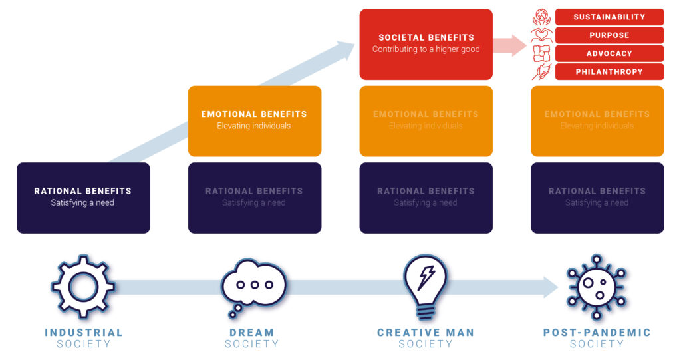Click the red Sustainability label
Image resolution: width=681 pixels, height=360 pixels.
[609, 17]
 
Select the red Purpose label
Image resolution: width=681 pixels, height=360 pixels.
[609, 35]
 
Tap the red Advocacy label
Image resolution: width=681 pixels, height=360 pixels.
[609, 53]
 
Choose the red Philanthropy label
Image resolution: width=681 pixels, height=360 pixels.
[609, 71]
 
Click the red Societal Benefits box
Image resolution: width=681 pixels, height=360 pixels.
[426, 44]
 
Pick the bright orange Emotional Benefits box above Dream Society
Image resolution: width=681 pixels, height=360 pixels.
[254, 120]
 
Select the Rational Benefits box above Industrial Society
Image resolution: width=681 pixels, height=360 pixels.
[83, 198]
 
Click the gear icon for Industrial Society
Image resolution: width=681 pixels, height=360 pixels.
[82, 286]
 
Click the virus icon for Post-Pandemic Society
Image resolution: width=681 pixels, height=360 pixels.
[596, 286]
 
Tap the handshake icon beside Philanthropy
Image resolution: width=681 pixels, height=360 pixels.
[541, 71]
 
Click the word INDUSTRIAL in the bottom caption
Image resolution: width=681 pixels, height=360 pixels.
[84, 333]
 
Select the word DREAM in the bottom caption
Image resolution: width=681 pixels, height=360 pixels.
[252, 333]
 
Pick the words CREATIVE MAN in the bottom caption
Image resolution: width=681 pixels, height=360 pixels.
[426, 333]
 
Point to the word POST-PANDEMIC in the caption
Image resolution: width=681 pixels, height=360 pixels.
[597, 333]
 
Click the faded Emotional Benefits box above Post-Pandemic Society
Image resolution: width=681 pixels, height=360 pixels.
[597, 120]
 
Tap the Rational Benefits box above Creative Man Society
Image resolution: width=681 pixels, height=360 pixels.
[426, 198]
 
